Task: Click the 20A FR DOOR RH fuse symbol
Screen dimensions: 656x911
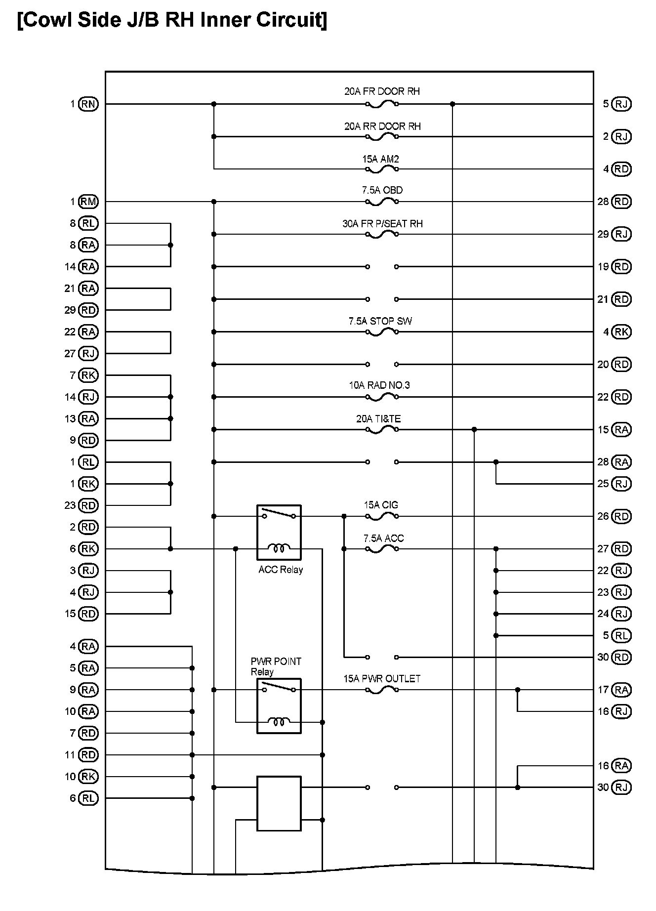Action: [x=382, y=104]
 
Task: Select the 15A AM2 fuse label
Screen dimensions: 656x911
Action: [x=380, y=159]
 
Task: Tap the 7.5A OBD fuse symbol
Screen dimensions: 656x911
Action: [x=382, y=202]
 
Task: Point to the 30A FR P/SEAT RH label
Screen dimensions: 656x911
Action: [x=382, y=224]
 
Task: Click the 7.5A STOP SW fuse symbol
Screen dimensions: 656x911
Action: [x=382, y=332]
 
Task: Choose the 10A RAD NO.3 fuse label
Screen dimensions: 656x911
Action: [x=379, y=385]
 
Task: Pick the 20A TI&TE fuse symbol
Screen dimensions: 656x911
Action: [x=382, y=430]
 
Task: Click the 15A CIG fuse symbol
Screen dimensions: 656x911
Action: [x=382, y=517]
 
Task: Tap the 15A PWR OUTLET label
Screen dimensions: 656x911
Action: [x=382, y=679]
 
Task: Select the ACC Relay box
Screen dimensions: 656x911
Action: [x=279, y=532]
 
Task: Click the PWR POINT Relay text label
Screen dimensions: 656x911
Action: [x=276, y=666]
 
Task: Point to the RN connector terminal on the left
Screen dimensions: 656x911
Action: [x=89, y=104]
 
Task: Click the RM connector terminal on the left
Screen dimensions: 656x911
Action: [x=89, y=202]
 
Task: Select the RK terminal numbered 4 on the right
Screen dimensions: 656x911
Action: [x=621, y=332]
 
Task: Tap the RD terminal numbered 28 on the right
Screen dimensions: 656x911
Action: [x=621, y=202]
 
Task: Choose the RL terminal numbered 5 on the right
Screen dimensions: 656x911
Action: [x=621, y=635]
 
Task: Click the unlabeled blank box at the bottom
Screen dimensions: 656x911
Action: [x=279, y=804]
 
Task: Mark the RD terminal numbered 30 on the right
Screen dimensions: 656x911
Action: [x=621, y=657]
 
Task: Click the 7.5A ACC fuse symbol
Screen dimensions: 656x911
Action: [x=382, y=549]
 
